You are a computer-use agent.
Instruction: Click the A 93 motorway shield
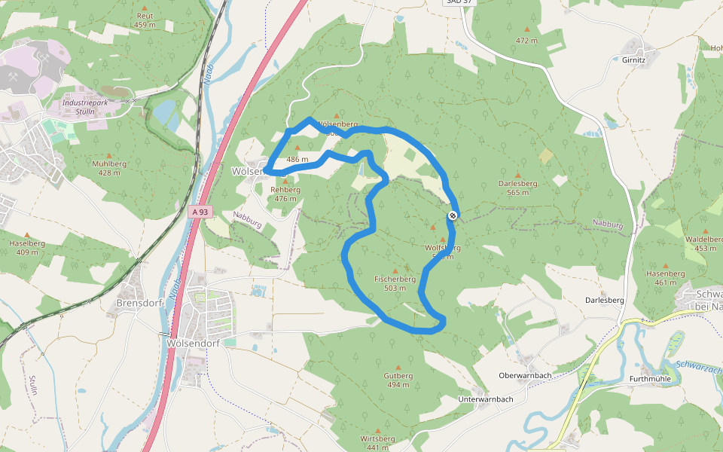pyautogui.click(x=199, y=213)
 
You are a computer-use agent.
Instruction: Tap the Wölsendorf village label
pyautogui.click(x=185, y=341)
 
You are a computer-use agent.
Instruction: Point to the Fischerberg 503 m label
pyautogui.click(x=395, y=283)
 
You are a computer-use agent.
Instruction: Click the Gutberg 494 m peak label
pyautogui.click(x=398, y=380)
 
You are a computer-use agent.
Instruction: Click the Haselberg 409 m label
pyautogui.click(x=27, y=248)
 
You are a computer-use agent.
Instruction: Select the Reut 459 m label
pyautogui.click(x=144, y=20)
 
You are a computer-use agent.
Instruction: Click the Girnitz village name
pyautogui.click(x=634, y=60)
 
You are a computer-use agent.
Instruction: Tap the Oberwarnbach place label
pyautogui.click(x=525, y=375)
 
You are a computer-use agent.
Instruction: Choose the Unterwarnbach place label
pyautogui.click(x=486, y=399)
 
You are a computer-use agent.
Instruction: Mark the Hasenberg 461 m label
pyautogui.click(x=665, y=278)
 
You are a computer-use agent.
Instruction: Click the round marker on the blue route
pyautogui.click(x=453, y=215)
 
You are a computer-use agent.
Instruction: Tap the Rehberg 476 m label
pyautogui.click(x=285, y=194)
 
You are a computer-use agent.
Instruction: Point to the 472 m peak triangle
pyautogui.click(x=527, y=30)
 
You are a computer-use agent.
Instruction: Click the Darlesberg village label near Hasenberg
pyautogui.click(x=605, y=300)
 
